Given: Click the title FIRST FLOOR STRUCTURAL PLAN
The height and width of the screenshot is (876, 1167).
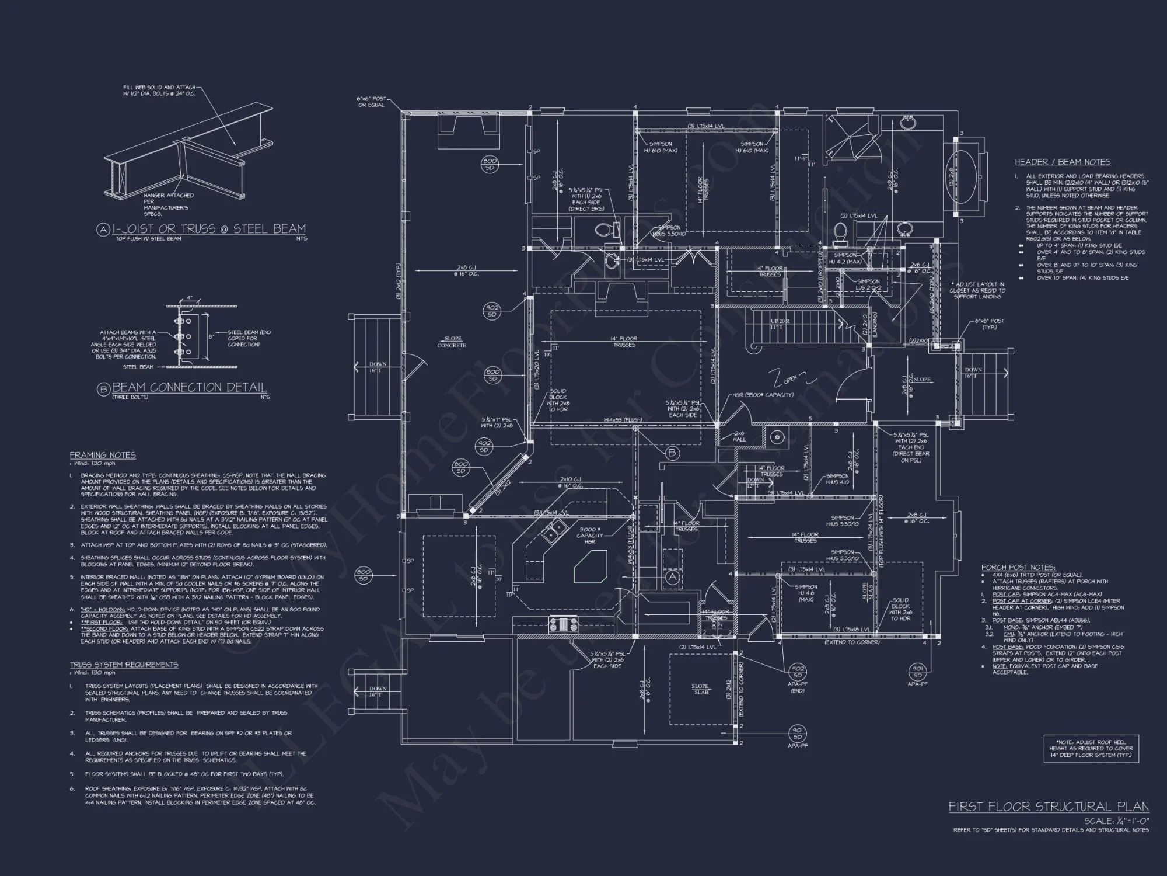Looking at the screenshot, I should (1048, 807).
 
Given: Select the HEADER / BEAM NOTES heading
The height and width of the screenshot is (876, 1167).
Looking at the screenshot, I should (1063, 162).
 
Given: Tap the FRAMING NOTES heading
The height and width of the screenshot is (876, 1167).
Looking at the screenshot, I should (103, 455).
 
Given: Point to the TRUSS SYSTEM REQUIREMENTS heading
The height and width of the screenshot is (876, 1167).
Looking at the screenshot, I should (124, 665).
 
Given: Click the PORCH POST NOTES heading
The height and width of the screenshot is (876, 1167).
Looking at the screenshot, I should (1018, 567).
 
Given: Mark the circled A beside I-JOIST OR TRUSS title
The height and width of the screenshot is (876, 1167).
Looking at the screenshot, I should (103, 230).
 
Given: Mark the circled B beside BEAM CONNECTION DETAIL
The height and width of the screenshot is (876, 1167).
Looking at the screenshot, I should (103, 389).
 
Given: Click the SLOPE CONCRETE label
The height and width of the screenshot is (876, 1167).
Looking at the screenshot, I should (452, 342).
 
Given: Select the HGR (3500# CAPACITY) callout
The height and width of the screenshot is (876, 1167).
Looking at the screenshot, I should (763, 395).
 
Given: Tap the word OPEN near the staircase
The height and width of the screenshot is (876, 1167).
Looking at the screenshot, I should (790, 379).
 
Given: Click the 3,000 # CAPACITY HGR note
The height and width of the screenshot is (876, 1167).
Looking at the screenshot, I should (589, 535).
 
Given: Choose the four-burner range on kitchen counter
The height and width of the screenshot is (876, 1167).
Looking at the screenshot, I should (563, 624).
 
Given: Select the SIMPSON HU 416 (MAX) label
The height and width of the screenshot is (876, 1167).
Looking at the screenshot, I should (806, 593).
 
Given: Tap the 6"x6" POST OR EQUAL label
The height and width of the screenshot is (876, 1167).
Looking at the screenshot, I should (372, 102).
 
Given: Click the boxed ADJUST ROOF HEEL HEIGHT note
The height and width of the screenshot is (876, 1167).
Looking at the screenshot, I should (1091, 748).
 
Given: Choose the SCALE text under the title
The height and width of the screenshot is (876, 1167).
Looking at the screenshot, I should (1116, 821).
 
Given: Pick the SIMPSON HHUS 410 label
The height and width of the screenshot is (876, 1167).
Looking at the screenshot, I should (837, 479).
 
